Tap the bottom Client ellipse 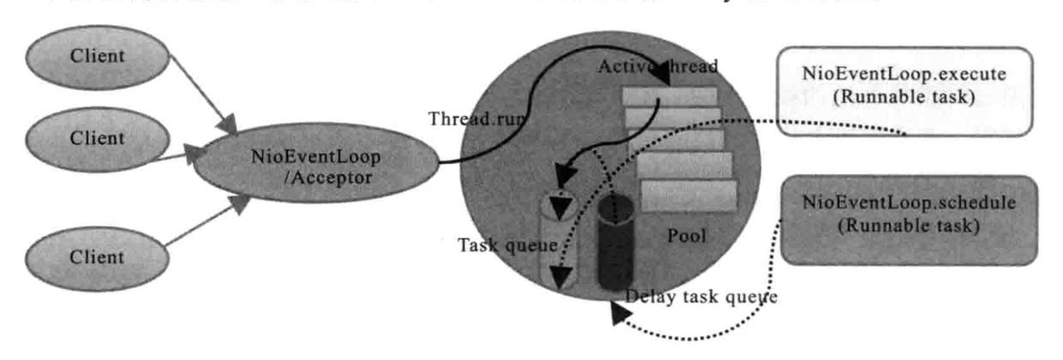(97, 257)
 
